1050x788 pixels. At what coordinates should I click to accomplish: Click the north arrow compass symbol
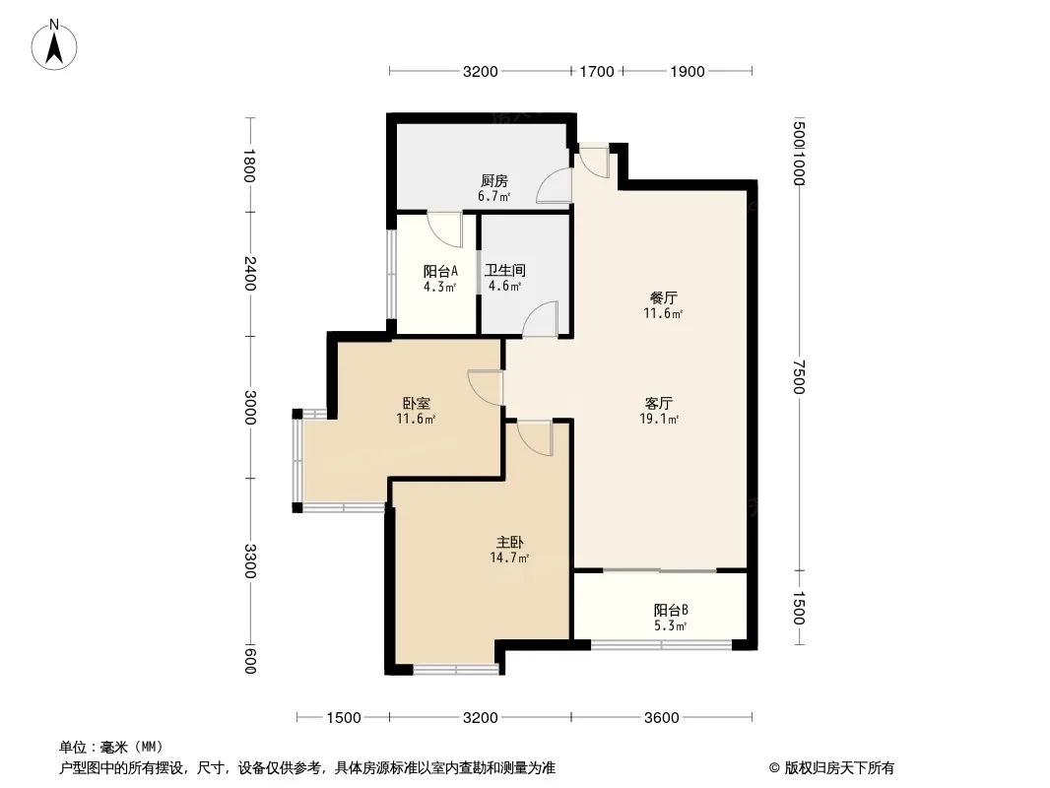[x=54, y=45]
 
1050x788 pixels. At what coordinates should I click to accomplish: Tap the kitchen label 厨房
[x=494, y=181]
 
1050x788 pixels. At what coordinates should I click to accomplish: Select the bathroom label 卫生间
[x=505, y=271]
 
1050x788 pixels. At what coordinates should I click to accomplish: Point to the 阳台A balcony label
[x=440, y=271]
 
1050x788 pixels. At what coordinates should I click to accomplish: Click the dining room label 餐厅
[x=663, y=297]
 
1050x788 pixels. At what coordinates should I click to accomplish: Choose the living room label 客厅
[x=659, y=403]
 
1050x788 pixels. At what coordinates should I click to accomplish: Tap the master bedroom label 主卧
[x=509, y=542]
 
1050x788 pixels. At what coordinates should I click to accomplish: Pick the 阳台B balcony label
[x=671, y=610]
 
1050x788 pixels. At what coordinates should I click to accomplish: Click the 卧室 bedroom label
[x=416, y=403]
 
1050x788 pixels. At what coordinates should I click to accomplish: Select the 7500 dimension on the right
[x=798, y=377]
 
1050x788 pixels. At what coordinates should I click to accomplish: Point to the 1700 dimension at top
[x=597, y=71]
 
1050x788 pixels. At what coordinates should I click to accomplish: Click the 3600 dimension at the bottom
[x=662, y=718]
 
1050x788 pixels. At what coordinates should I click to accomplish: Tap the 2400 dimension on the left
[x=250, y=273]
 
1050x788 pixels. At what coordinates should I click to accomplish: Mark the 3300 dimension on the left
[x=250, y=561]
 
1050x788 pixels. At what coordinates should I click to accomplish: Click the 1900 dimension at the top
[x=688, y=71]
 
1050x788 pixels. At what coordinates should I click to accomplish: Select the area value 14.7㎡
[x=509, y=558]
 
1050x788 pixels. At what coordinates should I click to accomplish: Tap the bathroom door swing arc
[x=535, y=312]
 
